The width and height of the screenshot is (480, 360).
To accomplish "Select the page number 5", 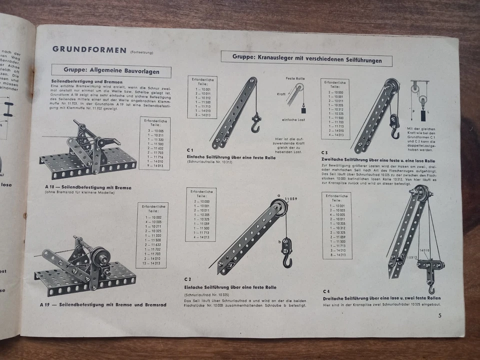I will tap(439, 315).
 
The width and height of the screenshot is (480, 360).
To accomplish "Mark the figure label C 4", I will tap(326, 291).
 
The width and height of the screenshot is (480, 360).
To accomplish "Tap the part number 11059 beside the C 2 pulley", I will tap(291, 199).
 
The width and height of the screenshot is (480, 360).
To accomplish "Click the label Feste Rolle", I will tap(295, 78).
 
